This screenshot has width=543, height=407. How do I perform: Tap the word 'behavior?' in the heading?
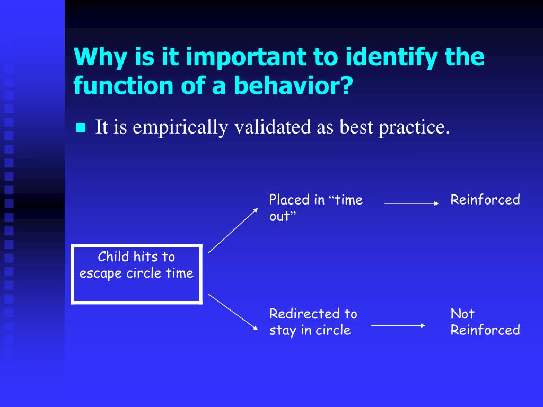click(x=293, y=85)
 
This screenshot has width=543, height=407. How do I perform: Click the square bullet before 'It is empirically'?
click(x=81, y=128)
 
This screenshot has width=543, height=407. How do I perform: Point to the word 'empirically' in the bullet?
click(x=180, y=127)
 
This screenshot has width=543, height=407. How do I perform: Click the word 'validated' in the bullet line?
click(x=273, y=127)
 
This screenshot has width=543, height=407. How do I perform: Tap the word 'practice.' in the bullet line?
click(x=414, y=127)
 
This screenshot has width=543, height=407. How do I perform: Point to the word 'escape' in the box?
click(x=101, y=274)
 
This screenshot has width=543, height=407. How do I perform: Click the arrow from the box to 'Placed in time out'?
click(x=233, y=231)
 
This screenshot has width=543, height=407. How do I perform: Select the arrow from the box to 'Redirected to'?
click(x=233, y=312)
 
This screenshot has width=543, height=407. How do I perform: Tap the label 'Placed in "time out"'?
click(x=316, y=208)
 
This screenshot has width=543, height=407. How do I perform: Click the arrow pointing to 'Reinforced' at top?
click(x=411, y=203)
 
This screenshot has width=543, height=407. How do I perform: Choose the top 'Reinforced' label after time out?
click(x=485, y=200)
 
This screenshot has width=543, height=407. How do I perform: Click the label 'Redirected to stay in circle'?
click(x=313, y=322)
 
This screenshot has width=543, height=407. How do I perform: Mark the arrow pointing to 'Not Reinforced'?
click(x=398, y=326)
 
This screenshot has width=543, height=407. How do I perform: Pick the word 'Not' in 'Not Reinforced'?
click(x=462, y=314)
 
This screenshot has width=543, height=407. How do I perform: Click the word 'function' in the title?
click(x=123, y=85)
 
